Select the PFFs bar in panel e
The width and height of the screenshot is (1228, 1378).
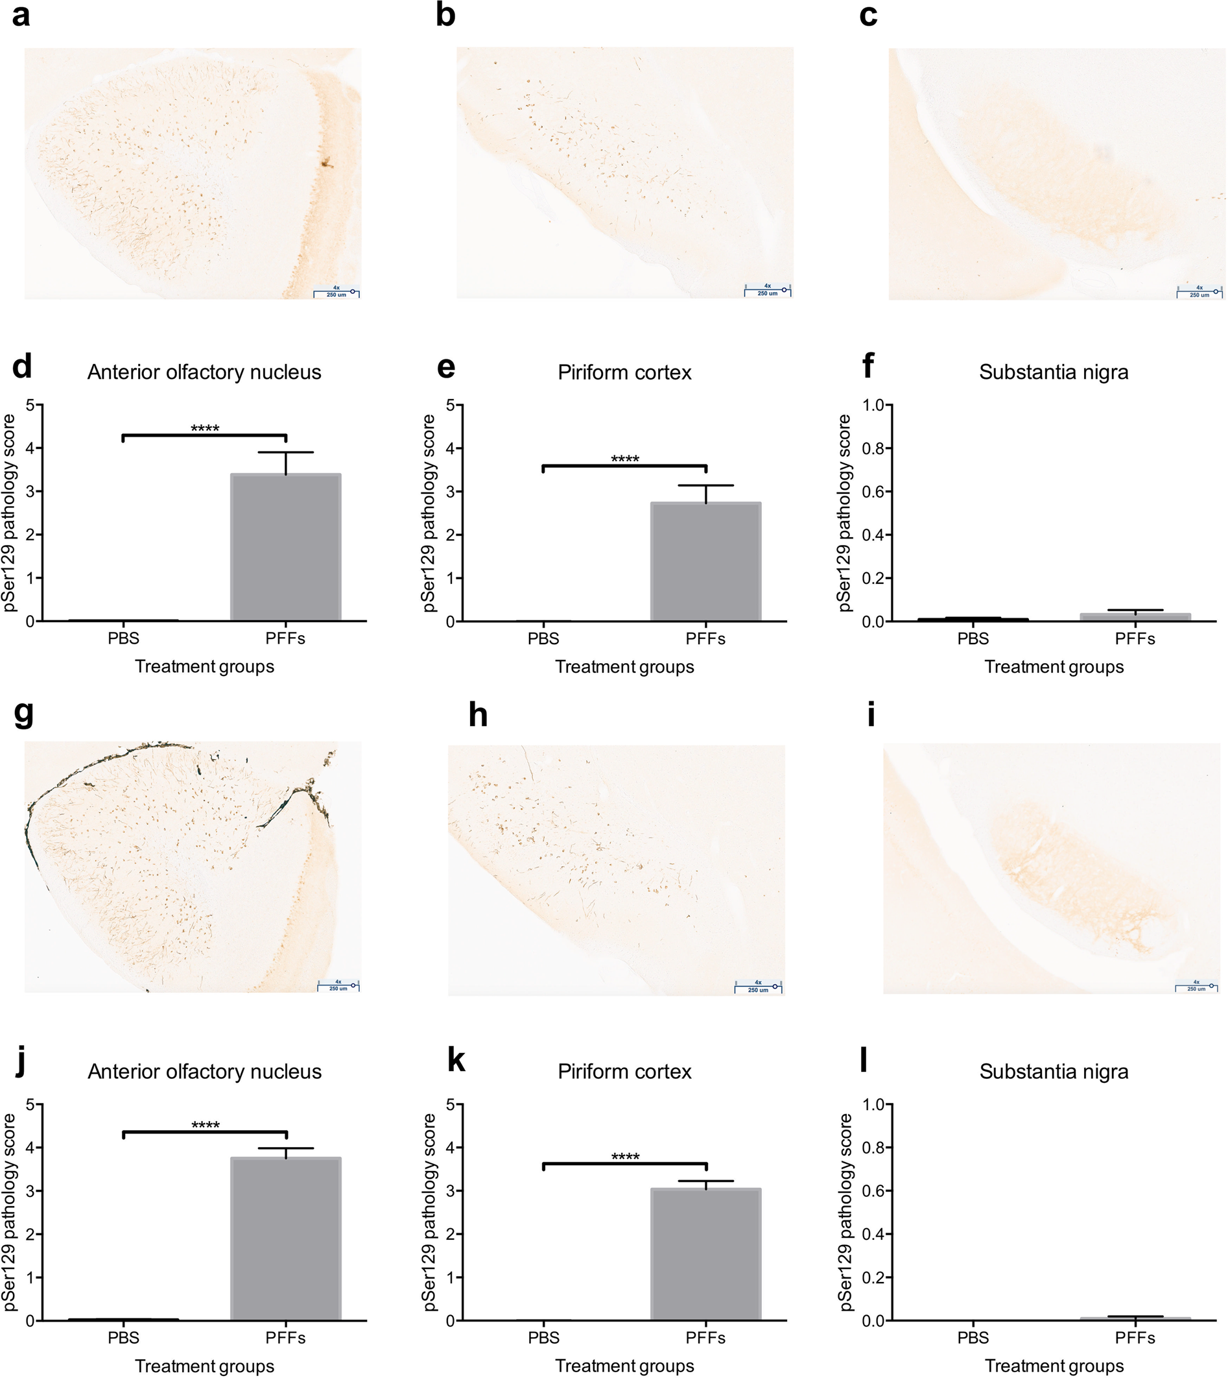point(706,562)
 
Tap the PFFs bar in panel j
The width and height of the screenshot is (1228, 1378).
point(285,1239)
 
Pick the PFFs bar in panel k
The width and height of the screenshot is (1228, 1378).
point(706,1254)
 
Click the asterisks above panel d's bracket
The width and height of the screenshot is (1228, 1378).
point(205,428)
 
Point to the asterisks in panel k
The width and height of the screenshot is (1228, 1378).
point(625,1157)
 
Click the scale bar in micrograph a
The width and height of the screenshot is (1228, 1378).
point(336,293)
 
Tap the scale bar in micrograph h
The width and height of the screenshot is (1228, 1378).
point(759,986)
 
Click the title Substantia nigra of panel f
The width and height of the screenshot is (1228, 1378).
point(1053,372)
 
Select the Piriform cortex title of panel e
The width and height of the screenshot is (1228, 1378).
point(624,372)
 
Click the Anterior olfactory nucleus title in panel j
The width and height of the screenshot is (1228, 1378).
point(204,1072)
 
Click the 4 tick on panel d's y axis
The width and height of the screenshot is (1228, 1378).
point(30,448)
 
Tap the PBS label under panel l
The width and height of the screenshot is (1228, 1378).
point(973,1338)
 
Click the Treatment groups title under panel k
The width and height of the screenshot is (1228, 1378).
point(624,1366)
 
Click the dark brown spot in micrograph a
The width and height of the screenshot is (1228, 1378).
point(327,162)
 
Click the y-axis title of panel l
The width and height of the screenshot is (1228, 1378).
point(845,1212)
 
